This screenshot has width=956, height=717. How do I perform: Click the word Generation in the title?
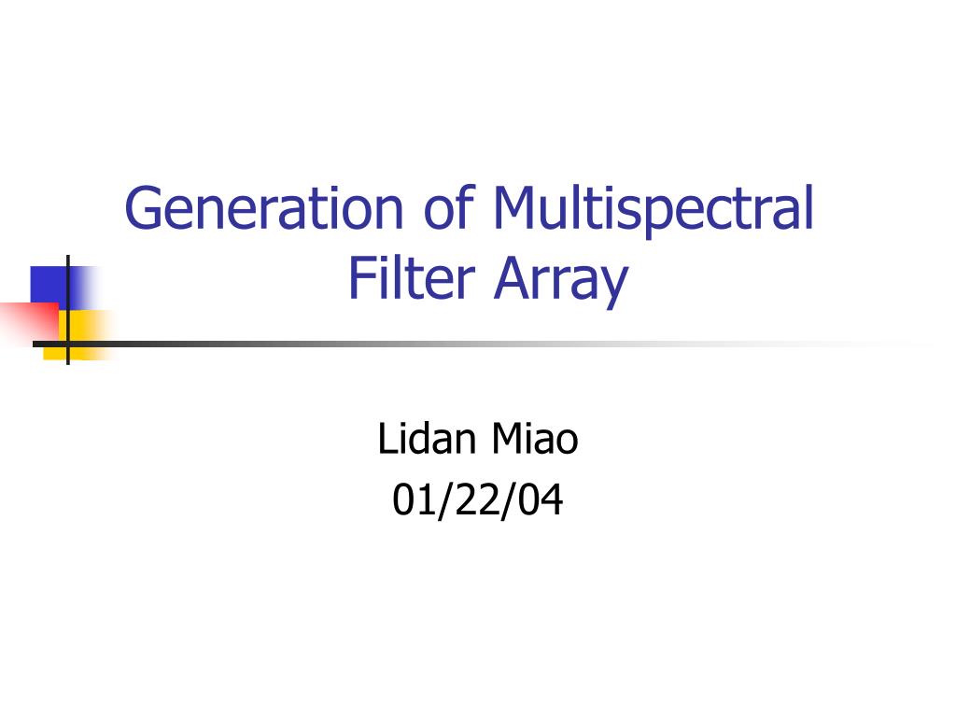(x=264, y=208)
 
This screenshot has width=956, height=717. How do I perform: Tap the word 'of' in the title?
(x=448, y=208)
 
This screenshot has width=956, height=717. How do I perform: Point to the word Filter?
(x=411, y=278)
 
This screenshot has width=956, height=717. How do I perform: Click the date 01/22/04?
(x=478, y=500)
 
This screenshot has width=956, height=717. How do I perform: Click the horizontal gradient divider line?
(x=467, y=344)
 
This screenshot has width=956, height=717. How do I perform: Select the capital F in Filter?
(x=359, y=278)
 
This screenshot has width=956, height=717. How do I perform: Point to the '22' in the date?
(x=478, y=500)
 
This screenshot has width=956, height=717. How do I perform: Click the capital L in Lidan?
(x=385, y=439)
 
